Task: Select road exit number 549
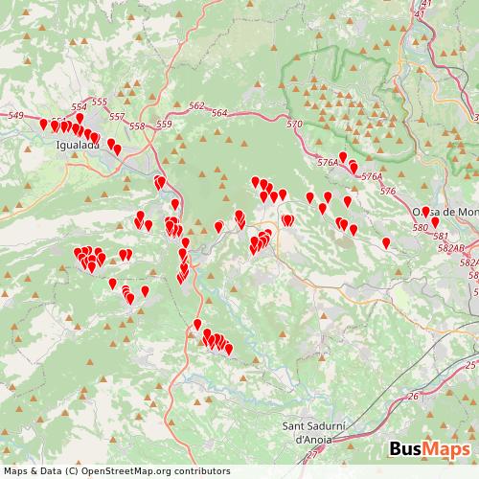coord(15,116)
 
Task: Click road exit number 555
coord(100,103)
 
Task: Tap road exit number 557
coord(117,117)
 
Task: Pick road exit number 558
coord(137,125)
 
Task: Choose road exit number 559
coord(164,125)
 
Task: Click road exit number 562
coord(196,105)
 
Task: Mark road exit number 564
coord(219,113)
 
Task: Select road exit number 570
coord(294,125)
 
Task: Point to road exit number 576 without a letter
coord(387,192)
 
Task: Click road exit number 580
coord(420,228)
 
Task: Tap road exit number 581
coord(441,236)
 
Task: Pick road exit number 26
coord(413,396)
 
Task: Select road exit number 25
coord(469,365)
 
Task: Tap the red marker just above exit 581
coord(435,221)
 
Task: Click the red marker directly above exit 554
coord(80,118)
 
